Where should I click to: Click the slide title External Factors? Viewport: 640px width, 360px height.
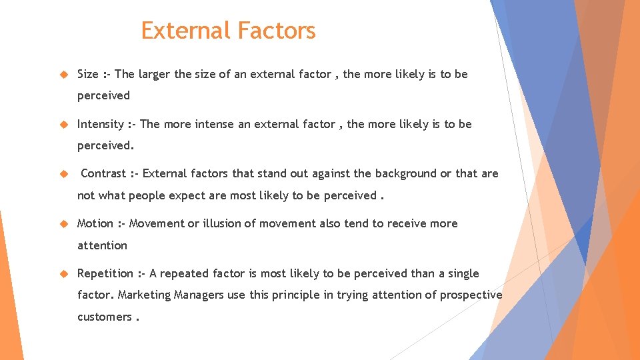coord(228,31)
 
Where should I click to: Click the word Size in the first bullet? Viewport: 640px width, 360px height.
coord(88,74)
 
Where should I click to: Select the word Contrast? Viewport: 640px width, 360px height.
coord(103,173)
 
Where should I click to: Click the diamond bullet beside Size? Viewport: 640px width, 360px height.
coord(64,75)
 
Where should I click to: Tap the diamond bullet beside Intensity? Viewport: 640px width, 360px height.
coord(64,125)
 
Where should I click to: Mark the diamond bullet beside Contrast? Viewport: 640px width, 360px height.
coord(64,174)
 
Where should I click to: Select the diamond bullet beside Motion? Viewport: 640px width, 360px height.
coord(64,224)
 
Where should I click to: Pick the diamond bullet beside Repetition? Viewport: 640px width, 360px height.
coord(64,274)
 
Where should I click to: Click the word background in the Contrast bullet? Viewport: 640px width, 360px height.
coord(405,173)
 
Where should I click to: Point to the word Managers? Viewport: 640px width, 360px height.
coord(199,295)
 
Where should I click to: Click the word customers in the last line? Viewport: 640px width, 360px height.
coord(104,317)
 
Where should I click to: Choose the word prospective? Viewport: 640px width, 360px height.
coord(471,295)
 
